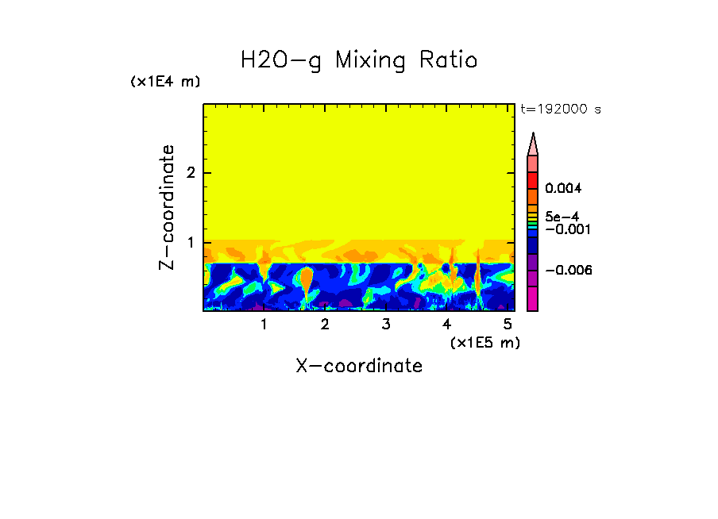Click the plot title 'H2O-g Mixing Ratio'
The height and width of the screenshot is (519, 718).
(x=359, y=60)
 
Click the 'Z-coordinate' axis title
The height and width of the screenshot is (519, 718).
(x=167, y=206)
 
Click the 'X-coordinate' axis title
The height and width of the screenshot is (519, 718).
(x=359, y=366)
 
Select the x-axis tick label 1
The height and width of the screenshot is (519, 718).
(x=264, y=325)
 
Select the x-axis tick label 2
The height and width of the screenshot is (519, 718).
(x=325, y=325)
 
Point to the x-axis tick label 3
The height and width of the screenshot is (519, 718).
(x=386, y=325)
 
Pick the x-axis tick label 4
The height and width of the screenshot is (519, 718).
(x=447, y=325)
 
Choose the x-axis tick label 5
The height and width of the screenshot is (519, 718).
(x=508, y=325)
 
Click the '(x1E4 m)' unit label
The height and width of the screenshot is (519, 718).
(x=165, y=82)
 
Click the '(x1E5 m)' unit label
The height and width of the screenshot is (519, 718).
(x=484, y=342)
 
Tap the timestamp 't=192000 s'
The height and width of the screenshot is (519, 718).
(x=560, y=110)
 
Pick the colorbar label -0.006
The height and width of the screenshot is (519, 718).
(x=569, y=271)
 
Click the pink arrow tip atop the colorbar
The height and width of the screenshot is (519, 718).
(x=533, y=144)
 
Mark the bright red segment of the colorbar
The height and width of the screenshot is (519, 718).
(x=533, y=179)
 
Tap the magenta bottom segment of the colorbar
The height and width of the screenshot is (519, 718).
(x=533, y=299)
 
